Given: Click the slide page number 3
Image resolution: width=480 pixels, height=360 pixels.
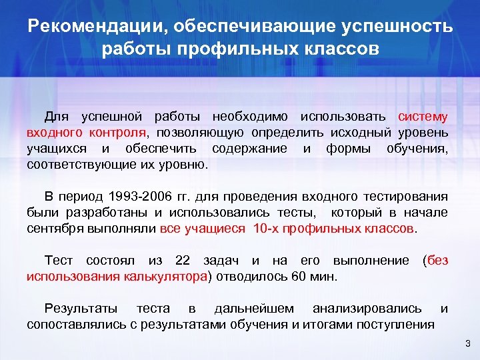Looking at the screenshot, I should [467, 343].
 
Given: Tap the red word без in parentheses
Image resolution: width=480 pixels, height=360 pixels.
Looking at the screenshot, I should [438, 260].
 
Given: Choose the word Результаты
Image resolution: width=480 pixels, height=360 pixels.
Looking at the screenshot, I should [81, 308].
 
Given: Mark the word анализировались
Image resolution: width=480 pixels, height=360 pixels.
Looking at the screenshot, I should [367, 308].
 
